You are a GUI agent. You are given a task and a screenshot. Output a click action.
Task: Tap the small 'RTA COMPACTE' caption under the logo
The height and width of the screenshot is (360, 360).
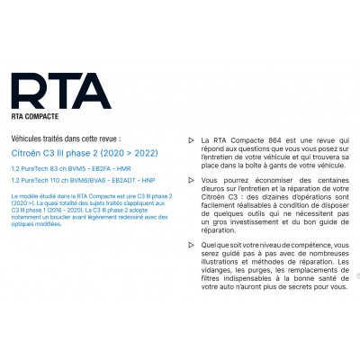[39, 117]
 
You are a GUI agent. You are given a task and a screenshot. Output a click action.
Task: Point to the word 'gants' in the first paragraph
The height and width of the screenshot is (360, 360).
[261, 167]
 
